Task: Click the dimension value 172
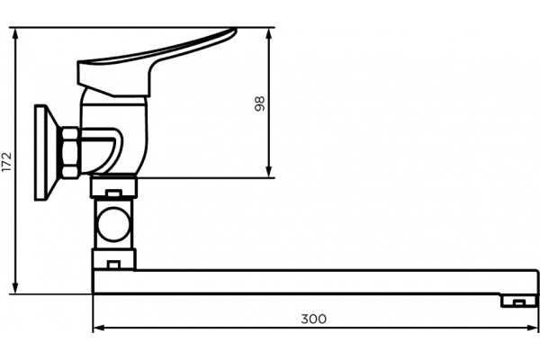click(x=6, y=162)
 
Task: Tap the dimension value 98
click(x=260, y=103)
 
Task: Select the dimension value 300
click(x=314, y=319)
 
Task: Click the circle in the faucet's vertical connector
click(x=113, y=225)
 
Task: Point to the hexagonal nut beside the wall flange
click(x=70, y=153)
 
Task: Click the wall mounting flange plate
click(x=40, y=152)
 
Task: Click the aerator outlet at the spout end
click(x=519, y=301)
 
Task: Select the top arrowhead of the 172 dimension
click(x=15, y=33)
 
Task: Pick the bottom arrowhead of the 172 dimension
click(x=15, y=288)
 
